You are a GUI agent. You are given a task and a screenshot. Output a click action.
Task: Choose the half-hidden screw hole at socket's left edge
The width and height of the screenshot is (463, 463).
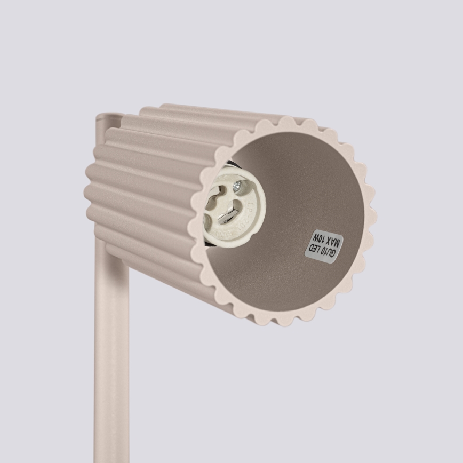[x=205, y=219]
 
